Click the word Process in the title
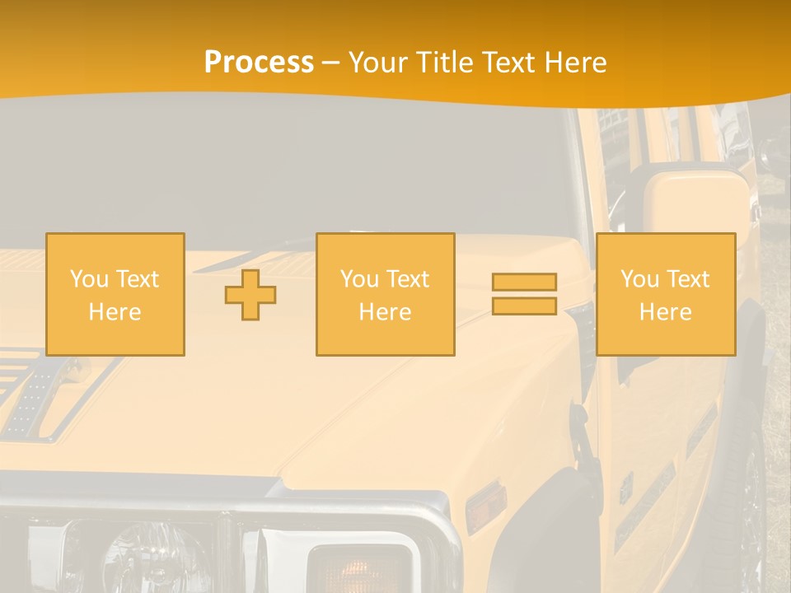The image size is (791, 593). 259,63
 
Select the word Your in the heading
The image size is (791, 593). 378,63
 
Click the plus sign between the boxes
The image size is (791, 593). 250,295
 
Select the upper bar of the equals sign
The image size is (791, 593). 524,282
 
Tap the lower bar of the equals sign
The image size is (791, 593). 524,306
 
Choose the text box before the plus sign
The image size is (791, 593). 115,294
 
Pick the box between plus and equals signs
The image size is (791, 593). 385,294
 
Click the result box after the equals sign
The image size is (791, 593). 665,294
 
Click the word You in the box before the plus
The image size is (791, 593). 89,279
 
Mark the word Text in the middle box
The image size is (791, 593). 409,279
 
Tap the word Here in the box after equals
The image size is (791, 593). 665,311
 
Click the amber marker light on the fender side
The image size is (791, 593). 485,506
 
